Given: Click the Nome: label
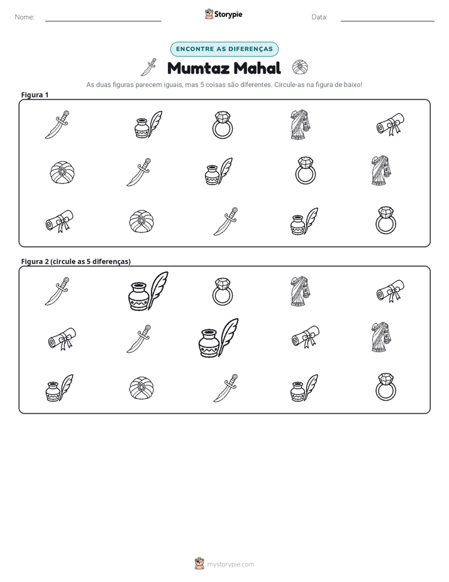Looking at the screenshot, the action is click(x=25, y=17).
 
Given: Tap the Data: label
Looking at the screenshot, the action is click(x=319, y=17).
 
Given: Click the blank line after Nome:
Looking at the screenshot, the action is click(x=103, y=21).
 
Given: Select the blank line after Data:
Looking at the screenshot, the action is click(x=387, y=21).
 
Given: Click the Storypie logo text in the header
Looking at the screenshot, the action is click(x=228, y=14).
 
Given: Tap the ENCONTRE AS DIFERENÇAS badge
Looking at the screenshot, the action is click(x=224, y=49).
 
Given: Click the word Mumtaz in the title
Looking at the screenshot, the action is click(x=198, y=68).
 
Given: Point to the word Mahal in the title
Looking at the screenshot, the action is click(x=257, y=68).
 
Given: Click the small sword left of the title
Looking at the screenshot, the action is click(x=148, y=67).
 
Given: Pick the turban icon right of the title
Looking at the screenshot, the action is click(x=300, y=67).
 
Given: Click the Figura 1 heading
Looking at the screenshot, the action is click(x=35, y=94).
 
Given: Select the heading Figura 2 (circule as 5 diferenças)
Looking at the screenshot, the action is click(x=76, y=261).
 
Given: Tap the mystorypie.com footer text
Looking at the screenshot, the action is click(x=230, y=564).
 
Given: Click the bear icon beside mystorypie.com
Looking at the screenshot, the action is click(x=199, y=563).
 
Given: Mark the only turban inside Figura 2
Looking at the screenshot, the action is click(x=141, y=388).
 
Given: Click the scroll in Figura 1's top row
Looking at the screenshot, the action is click(x=390, y=124).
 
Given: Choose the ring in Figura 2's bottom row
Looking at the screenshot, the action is click(x=385, y=387).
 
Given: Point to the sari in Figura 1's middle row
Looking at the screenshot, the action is click(x=381, y=170).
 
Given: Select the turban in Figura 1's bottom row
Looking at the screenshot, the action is click(x=141, y=222).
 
